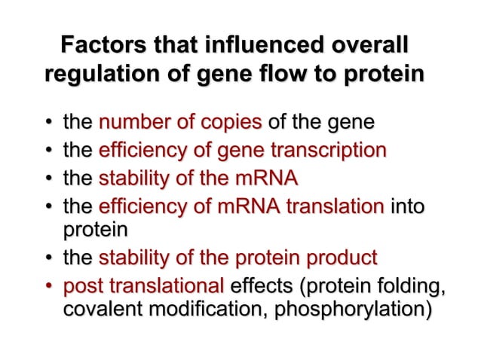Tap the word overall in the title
pos(375,45)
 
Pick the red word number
pos(131,122)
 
